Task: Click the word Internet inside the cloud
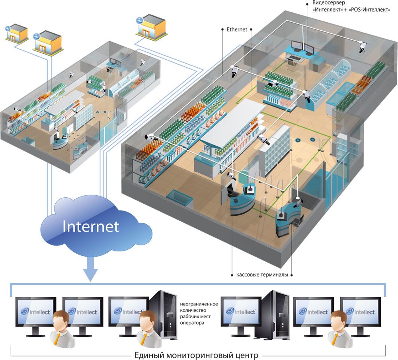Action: (91, 226)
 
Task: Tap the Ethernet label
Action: (237, 29)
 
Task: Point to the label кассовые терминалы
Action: (262, 275)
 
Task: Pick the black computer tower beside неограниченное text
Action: (163, 314)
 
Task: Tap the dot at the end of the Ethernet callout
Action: (222, 29)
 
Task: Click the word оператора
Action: (192, 323)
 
